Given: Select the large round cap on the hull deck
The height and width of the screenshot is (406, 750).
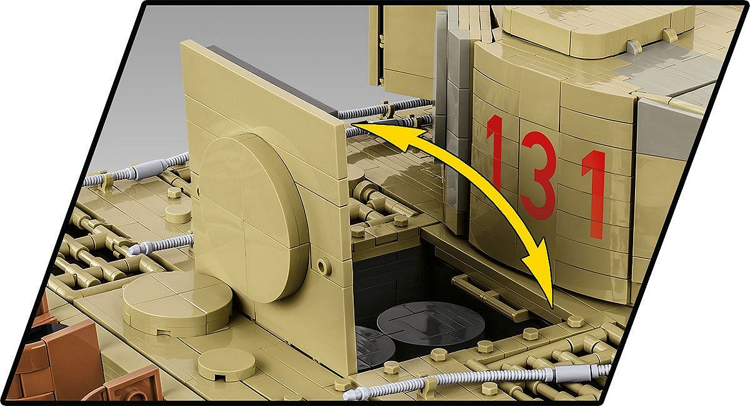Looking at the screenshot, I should pos(177,302).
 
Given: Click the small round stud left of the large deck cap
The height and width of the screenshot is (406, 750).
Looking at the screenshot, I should pos(173,192).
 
